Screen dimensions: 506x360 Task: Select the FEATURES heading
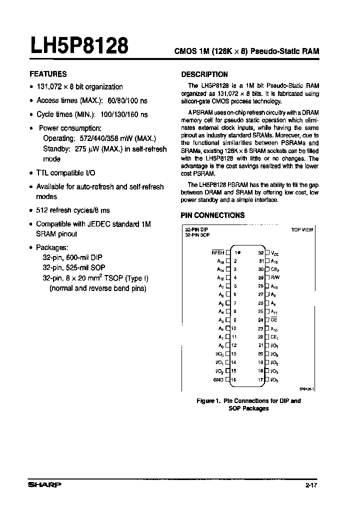coord(48,74)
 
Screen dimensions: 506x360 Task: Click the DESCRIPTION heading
coord(204,74)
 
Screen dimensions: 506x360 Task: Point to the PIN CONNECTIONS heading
coord(212,215)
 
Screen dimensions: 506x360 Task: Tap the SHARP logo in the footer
coord(44,484)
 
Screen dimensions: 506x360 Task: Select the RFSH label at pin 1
coord(218,253)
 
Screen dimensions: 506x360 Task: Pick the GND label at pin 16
coord(218,379)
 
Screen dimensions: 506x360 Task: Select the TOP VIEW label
coord(302,230)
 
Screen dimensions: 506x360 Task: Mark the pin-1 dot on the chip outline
coord(240,253)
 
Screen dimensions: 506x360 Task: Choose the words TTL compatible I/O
coord(65,173)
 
